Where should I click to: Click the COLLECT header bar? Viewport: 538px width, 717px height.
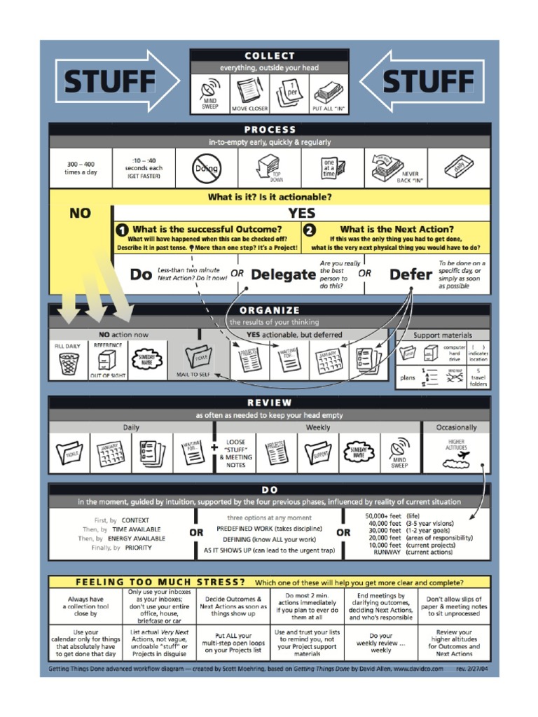point(270,56)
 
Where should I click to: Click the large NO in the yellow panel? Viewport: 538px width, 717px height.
point(80,213)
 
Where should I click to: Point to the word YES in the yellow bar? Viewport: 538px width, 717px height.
point(301,213)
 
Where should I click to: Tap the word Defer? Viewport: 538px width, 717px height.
point(411,274)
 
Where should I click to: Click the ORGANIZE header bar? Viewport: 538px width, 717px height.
point(270,310)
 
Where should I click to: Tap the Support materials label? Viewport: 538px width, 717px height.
point(443,335)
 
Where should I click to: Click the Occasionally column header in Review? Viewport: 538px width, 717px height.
point(456,427)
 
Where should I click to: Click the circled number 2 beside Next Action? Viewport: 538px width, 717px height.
point(310,229)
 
